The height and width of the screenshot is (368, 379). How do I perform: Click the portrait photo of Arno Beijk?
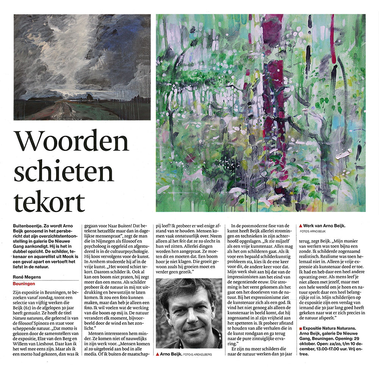(189, 308)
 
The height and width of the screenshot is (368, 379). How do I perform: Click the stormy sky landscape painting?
(82, 67)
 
